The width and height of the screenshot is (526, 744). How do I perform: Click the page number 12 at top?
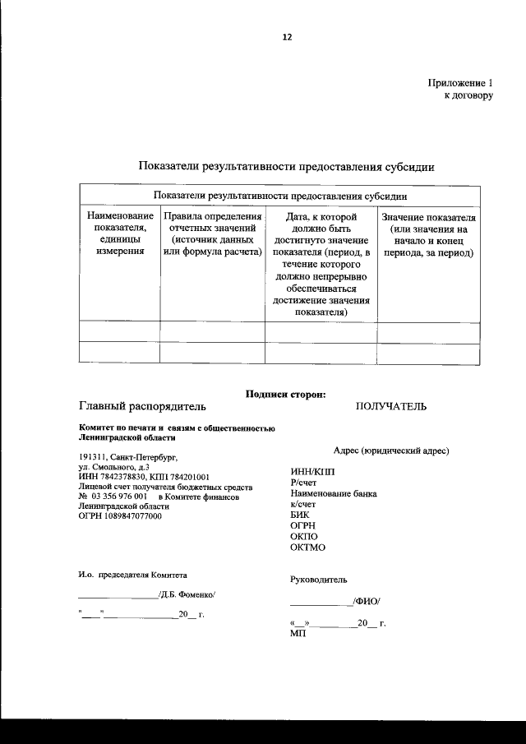(287, 37)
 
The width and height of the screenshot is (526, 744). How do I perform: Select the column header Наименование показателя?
(119, 233)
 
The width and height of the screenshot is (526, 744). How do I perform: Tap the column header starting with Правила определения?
(212, 233)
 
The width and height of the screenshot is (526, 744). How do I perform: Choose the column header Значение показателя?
(429, 233)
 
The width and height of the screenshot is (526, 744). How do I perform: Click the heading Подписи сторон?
(286, 394)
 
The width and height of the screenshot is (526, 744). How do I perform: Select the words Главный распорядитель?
(142, 406)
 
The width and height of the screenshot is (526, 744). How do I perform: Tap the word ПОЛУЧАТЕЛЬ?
(391, 406)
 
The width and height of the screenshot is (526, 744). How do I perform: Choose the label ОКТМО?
(308, 547)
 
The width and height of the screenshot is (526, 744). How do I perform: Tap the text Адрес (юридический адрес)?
(391, 452)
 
